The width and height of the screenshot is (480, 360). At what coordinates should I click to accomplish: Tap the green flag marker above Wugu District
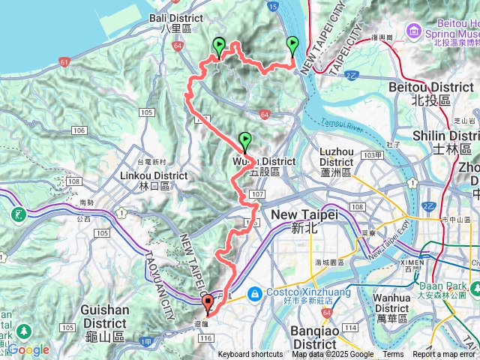pyautogui.click(x=244, y=140)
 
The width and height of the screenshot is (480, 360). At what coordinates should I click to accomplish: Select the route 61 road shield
pyautogui.click(x=66, y=61)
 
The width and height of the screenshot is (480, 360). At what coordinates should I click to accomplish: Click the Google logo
pyautogui.click(x=28, y=349)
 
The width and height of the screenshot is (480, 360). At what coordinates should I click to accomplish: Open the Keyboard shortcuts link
pyautogui.click(x=250, y=355)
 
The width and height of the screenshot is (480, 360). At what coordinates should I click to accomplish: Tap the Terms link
pyautogui.click(x=393, y=355)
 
